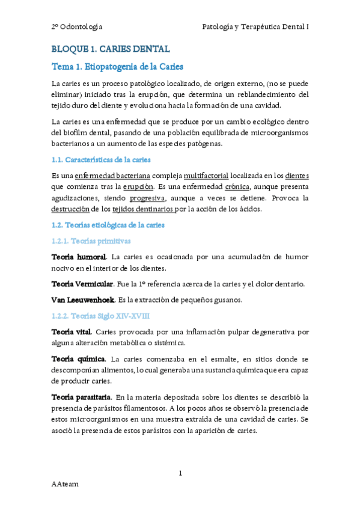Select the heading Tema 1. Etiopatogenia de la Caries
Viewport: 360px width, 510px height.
[118, 66]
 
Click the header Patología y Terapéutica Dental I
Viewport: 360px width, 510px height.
[255, 26]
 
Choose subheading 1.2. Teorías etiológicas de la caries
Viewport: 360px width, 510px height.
[109, 225]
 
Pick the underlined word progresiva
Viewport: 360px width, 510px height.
[148, 198]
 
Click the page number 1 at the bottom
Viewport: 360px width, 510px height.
[180, 474]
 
